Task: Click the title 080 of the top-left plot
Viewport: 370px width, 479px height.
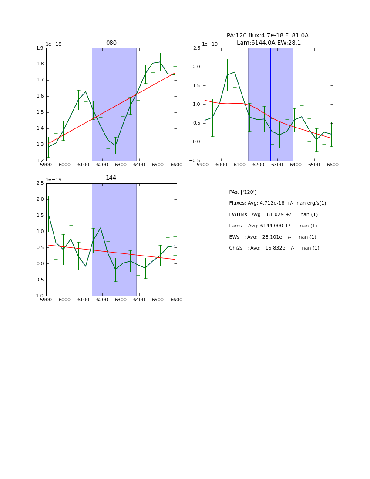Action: pyautogui.click(x=111, y=43)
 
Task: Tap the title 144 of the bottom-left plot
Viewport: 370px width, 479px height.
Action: pyautogui.click(x=111, y=178)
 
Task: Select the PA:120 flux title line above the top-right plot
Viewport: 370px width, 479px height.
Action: pyautogui.click(x=267, y=36)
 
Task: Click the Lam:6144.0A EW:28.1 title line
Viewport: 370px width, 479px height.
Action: pyautogui.click(x=269, y=43)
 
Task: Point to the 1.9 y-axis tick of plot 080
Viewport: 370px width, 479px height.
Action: pyautogui.click(x=40, y=48)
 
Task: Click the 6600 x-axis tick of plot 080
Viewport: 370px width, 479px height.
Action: pyautogui.click(x=176, y=165)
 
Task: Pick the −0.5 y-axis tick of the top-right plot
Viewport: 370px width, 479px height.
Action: pyautogui.click(x=195, y=161)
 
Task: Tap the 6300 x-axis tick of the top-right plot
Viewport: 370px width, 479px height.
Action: pyautogui.click(x=277, y=165)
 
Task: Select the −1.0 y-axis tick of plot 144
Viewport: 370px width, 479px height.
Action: pyautogui.click(x=38, y=296)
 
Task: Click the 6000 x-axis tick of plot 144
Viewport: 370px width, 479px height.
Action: pyautogui.click(x=64, y=300)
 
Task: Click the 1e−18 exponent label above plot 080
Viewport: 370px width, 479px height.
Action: pyautogui.click(x=54, y=44)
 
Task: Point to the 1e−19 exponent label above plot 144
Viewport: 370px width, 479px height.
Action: pyautogui.click(x=54, y=179)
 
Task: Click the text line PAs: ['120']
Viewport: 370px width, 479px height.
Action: pyautogui.click(x=242, y=192)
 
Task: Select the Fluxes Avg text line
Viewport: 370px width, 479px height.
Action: pyautogui.click(x=277, y=203)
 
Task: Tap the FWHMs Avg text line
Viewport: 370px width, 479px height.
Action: pyautogui.click(x=273, y=215)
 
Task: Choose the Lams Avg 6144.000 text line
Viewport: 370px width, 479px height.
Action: pyautogui.click(x=273, y=226)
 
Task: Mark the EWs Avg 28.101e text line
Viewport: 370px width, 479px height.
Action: pyautogui.click(x=272, y=237)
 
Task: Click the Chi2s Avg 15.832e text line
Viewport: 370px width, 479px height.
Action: pyautogui.click(x=274, y=248)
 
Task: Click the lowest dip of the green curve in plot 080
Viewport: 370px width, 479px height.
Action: pyautogui.click(x=115, y=145)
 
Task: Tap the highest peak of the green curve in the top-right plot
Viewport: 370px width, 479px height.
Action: pyautogui.click(x=234, y=72)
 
